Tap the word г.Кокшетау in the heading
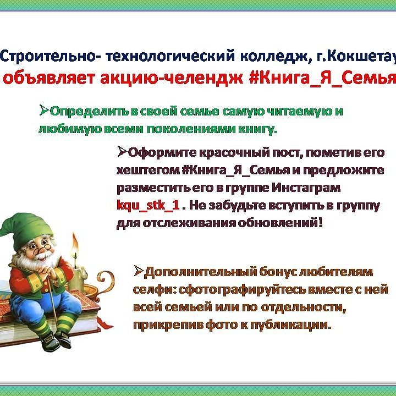pyautogui.click(x=356, y=57)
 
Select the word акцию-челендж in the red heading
pyautogui.click(x=172, y=78)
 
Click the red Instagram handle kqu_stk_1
pyautogui.click(x=148, y=205)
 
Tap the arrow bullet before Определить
pyautogui.click(x=44, y=111)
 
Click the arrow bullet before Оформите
pyautogui.click(x=122, y=152)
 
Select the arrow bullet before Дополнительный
pyautogui.click(x=139, y=271)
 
